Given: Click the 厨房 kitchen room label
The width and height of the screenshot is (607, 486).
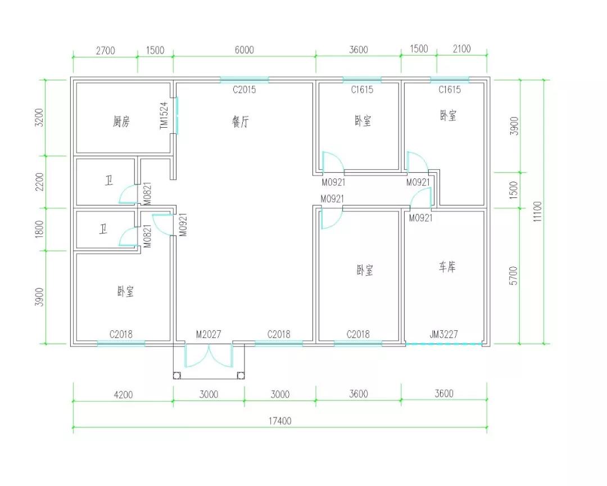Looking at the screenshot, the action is point(121,121).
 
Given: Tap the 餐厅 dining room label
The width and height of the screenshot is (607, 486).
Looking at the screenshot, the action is point(241,121).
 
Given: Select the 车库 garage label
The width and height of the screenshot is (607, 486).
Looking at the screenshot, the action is point(447,267).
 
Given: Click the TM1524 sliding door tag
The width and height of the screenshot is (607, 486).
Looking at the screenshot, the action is point(164,115).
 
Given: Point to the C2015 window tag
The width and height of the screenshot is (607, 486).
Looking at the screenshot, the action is point(244,89).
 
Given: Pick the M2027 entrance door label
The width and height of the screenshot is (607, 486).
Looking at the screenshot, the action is point(209,334).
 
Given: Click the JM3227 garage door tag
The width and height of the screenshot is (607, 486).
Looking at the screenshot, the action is point(443,334).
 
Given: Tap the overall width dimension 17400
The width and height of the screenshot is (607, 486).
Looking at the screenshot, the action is point(280,421).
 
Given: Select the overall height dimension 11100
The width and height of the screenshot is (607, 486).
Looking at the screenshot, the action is point(538,211).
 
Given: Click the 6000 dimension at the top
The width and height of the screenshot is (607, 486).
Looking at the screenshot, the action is point(244,50).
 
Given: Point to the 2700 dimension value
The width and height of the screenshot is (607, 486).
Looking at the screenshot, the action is point(105,51).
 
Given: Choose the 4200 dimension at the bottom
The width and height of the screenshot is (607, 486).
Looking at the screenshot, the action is point(123,394).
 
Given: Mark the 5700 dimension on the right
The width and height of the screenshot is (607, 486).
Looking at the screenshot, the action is point(513,276).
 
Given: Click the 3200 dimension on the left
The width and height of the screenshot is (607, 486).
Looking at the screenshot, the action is point(39,118).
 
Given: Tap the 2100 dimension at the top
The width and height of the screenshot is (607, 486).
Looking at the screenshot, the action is point(462,49).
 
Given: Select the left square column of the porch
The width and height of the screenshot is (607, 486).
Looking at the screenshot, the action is point(177,375).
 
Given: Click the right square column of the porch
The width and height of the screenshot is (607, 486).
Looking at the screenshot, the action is point(241,375).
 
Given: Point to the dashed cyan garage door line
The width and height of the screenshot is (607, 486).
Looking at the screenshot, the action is point(444,344).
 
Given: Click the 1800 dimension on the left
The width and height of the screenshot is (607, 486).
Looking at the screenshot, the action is point(39,229).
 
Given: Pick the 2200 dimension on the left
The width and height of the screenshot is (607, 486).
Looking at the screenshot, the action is point(39,182).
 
